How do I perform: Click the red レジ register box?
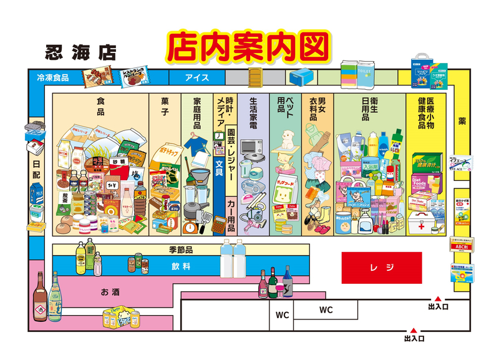click(381, 268)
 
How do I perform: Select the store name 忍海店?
click(80, 52)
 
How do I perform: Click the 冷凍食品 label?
click(52, 78)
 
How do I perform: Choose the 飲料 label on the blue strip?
click(181, 266)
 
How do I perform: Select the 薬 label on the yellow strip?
click(462, 120)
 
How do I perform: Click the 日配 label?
click(37, 167)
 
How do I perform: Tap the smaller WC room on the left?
click(282, 315)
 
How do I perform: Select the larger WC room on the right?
click(326, 310)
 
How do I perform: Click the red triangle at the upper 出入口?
click(438, 298)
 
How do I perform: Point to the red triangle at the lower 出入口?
click(413, 329)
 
